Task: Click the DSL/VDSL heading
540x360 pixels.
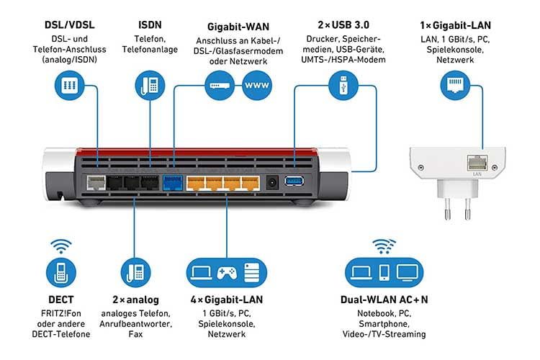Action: coord(68,24)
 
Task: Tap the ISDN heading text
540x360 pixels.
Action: coord(150,24)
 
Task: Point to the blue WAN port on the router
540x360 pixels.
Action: coord(173,181)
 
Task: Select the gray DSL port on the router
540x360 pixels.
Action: coord(94,182)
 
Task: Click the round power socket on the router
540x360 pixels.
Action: coord(272,182)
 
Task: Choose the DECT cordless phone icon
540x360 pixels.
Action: coord(60,273)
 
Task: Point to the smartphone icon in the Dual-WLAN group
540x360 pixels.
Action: coord(384,272)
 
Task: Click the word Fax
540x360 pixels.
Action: coord(136,334)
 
